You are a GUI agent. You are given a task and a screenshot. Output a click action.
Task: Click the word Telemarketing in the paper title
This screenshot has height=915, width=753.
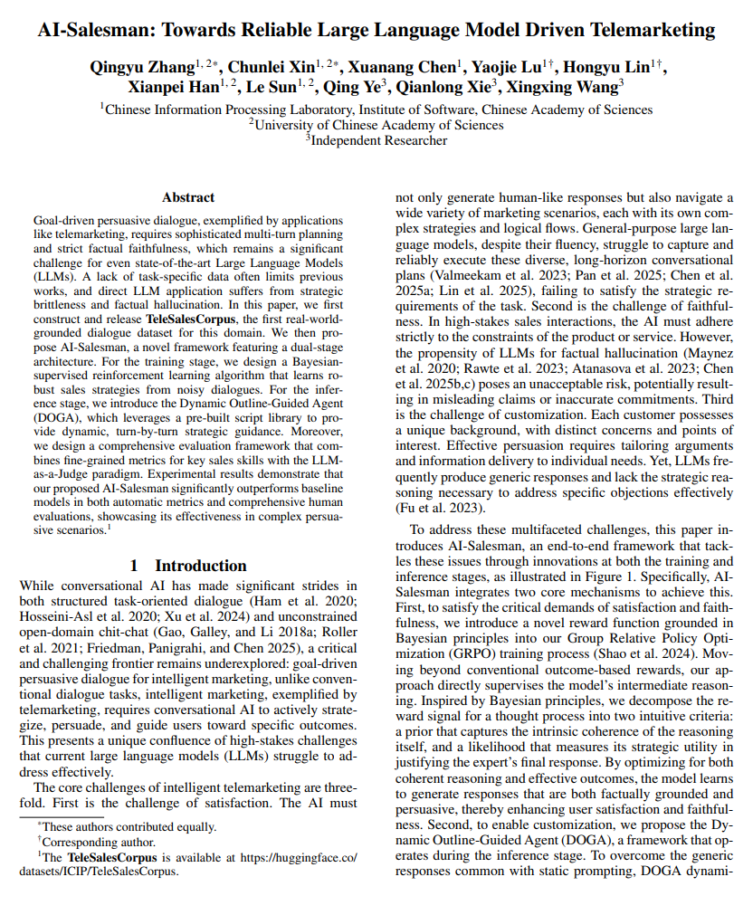[644, 30]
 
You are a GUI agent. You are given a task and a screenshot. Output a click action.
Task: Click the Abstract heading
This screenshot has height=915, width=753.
[188, 196]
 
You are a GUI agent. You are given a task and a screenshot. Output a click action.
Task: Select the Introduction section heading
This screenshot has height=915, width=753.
[188, 566]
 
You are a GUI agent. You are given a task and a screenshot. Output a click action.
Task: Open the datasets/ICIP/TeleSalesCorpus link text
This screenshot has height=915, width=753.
[100, 872]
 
